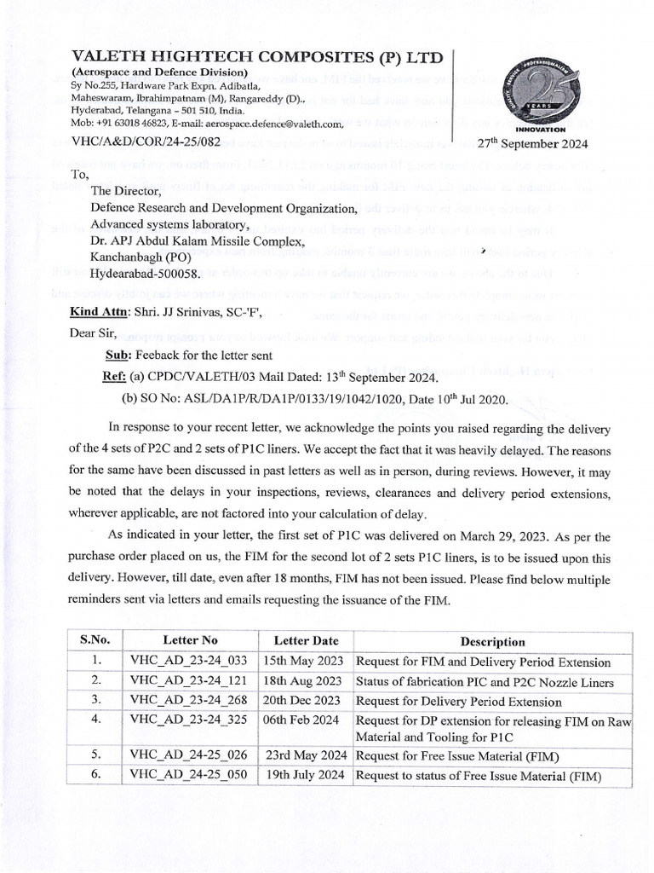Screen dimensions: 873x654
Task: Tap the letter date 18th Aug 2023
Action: [307, 680]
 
